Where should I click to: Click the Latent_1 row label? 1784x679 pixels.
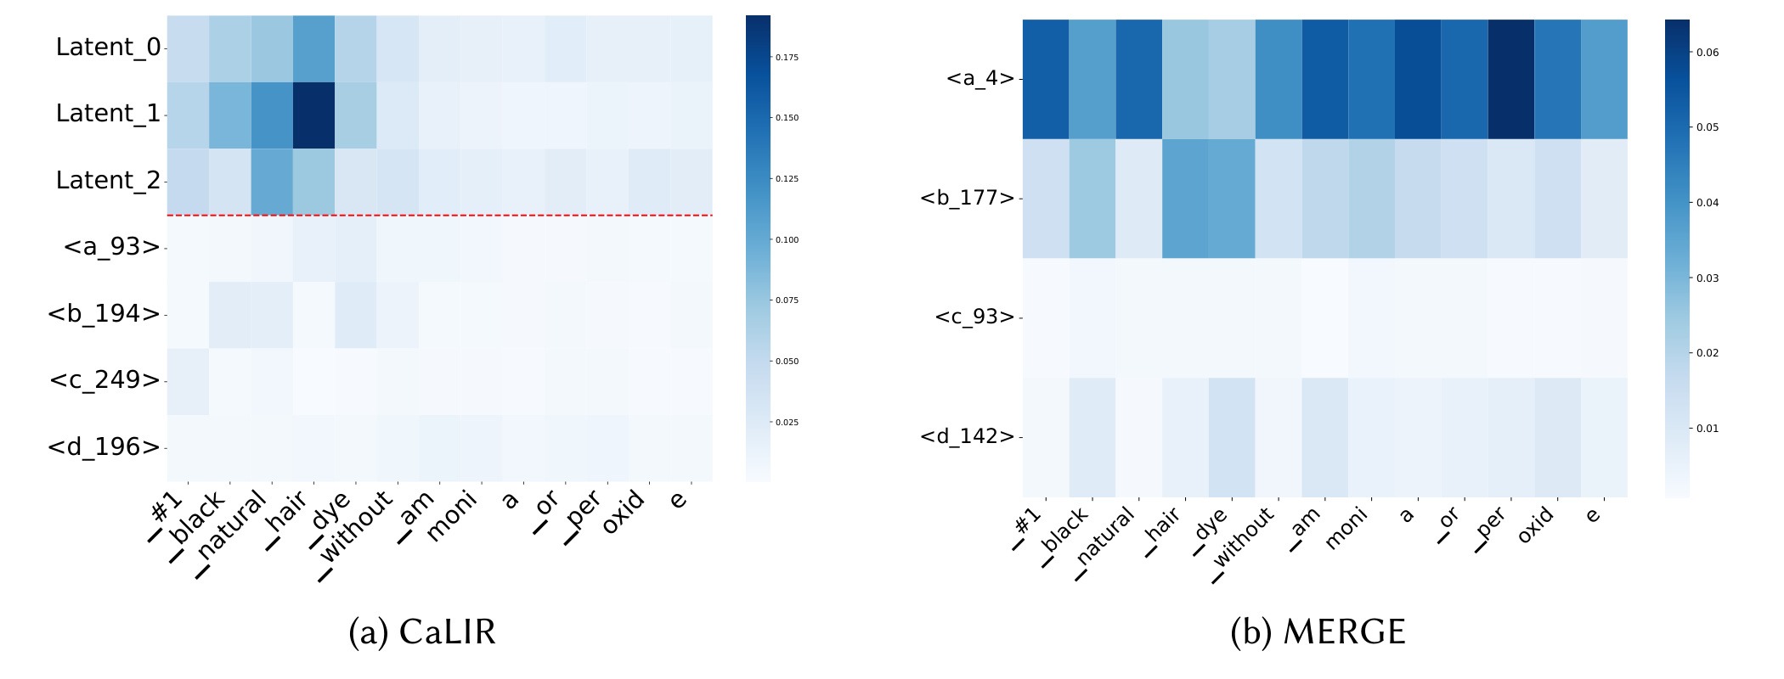(108, 114)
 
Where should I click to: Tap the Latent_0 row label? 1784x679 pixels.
(108, 48)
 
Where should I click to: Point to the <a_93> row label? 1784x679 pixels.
(111, 248)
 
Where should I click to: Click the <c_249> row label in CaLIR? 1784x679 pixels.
(104, 380)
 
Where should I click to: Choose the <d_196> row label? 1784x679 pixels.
(104, 447)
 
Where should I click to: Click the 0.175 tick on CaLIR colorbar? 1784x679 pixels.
(786, 58)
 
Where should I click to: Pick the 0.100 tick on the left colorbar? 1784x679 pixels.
(786, 240)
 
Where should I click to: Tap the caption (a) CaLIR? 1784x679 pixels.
(422, 632)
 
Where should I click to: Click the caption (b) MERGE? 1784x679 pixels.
(1318, 632)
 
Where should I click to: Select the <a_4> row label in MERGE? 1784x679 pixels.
(980, 79)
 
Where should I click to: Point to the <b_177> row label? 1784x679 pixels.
(968, 199)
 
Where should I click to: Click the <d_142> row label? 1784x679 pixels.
(968, 437)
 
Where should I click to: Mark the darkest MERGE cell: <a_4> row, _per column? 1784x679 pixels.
(1511, 79)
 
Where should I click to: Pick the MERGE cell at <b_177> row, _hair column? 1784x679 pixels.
(1185, 199)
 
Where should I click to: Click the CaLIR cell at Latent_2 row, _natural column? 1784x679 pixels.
(272, 182)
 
